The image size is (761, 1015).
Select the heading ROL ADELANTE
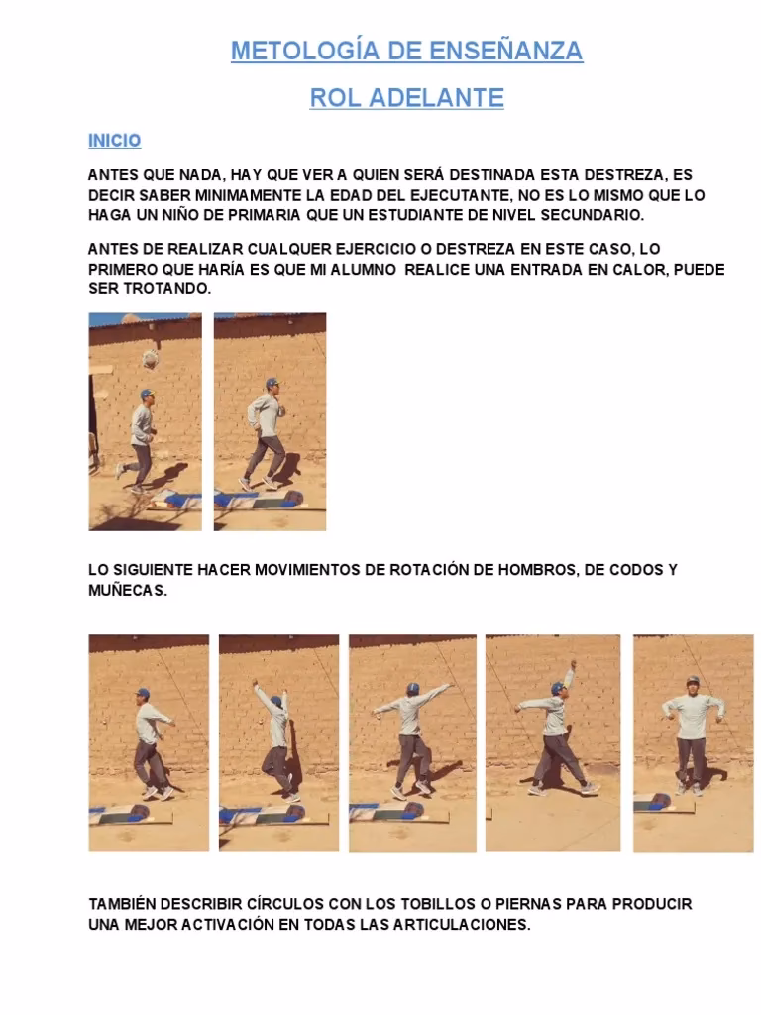406,98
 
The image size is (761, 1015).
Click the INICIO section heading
115,141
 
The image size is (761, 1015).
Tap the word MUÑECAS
128,591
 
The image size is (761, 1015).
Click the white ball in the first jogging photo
151,359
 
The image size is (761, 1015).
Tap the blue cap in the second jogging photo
272,383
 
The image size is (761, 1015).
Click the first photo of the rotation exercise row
149,743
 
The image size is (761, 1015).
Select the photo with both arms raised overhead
278,743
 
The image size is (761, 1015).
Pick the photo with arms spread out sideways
412,743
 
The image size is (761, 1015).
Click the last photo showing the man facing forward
693,743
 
